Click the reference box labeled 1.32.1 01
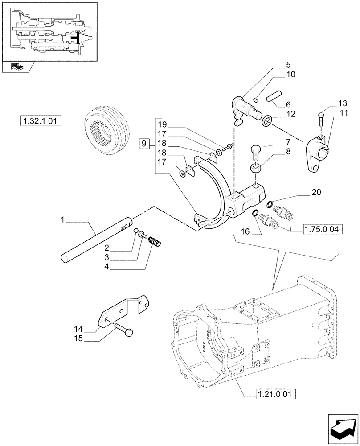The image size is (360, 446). coord(41,120)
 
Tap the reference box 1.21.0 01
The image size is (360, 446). coord(276,393)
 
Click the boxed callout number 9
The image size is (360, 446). coord(143,144)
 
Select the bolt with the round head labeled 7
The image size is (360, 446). coord(256,152)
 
